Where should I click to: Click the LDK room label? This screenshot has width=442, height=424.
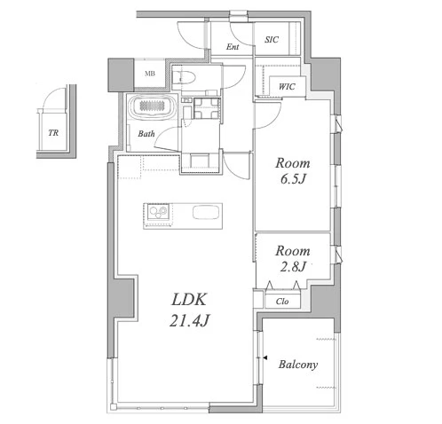tap(189, 300)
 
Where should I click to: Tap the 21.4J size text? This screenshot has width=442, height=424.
tap(189, 320)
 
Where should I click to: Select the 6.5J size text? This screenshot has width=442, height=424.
tap(293, 179)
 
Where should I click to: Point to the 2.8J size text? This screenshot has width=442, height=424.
tap(293, 267)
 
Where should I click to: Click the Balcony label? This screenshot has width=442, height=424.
tap(298, 365)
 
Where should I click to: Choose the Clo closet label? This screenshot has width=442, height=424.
tap(282, 302)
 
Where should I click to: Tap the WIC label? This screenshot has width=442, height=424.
tap(287, 87)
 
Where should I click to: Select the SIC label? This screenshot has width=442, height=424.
tap(272, 40)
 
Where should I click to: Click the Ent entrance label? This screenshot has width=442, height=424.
tap(233, 47)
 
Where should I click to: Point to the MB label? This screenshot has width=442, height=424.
tap(150, 74)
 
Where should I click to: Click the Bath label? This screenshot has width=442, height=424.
tap(146, 134)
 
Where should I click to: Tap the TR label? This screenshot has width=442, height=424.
tap(53, 133)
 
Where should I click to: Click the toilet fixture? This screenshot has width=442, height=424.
tap(184, 78)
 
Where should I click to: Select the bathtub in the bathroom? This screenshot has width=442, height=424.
tap(153, 106)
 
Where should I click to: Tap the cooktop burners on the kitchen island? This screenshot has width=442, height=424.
tap(158, 212)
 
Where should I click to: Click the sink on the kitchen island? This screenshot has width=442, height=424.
tap(206, 212)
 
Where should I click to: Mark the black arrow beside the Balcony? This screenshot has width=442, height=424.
tap(265, 358)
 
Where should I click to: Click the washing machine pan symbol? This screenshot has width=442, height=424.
tap(207, 108)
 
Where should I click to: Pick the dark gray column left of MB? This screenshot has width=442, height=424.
tap(121, 75)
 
